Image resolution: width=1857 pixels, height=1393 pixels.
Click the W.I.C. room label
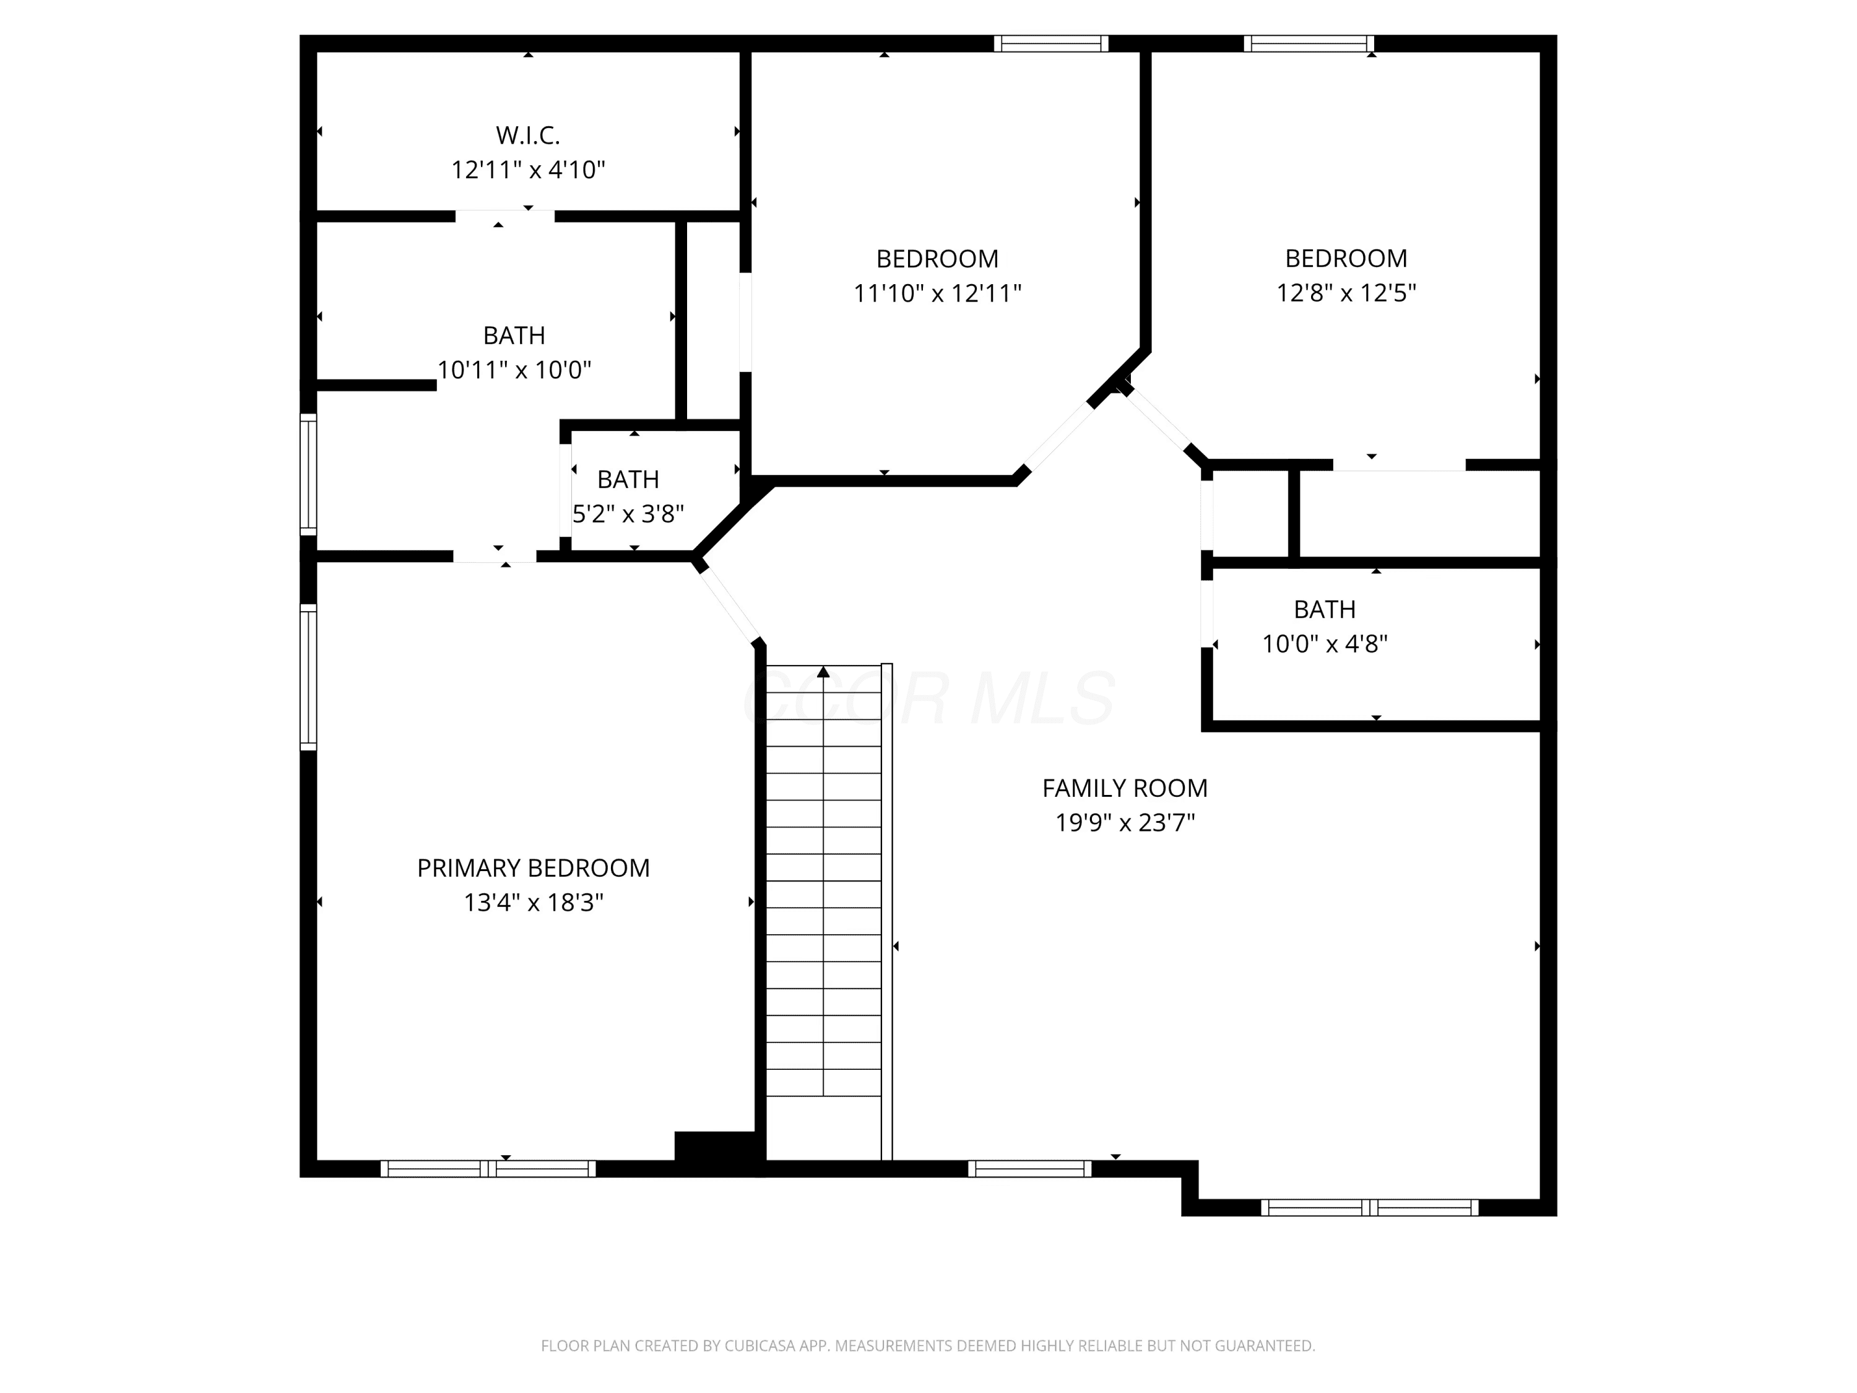[x=527, y=135]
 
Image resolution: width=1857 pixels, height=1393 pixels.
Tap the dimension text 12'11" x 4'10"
[x=528, y=170]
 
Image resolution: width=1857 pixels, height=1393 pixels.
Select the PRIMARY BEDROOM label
[x=533, y=867]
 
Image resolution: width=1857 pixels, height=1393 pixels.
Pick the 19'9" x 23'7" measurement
[x=1125, y=822]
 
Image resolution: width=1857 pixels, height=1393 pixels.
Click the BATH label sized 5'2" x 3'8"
[x=628, y=479]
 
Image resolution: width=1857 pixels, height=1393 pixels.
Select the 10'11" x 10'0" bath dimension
[x=514, y=370]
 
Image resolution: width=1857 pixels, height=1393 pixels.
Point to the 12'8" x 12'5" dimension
[x=1346, y=292]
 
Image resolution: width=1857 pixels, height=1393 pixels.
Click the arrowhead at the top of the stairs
[x=823, y=672]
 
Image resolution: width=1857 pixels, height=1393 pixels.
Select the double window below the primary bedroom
[x=488, y=1168]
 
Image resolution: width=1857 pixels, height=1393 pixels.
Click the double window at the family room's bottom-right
[x=1369, y=1207]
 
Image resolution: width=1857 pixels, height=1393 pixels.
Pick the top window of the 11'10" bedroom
[x=1051, y=44]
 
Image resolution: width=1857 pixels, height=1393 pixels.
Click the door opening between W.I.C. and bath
[x=504, y=216]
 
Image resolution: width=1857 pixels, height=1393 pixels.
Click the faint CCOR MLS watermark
[x=928, y=698]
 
